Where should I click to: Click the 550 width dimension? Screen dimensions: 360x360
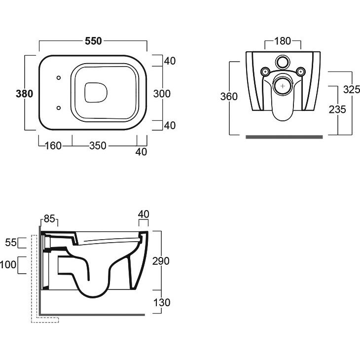pyautogui.click(x=93, y=41)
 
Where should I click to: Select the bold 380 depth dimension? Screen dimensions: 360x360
pyautogui.click(x=24, y=94)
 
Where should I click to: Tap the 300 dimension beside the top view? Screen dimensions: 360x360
pyautogui.click(x=162, y=94)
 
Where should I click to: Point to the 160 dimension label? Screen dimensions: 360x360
pyautogui.click(x=53, y=146)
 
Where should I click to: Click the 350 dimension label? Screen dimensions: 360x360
pyautogui.click(x=98, y=146)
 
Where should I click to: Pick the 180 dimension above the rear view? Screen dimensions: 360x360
pyautogui.click(x=283, y=41)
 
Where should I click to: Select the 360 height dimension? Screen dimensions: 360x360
pyautogui.click(x=229, y=97)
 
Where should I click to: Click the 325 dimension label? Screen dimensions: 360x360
pyautogui.click(x=352, y=89)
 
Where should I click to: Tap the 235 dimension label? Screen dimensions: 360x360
pyautogui.click(x=337, y=109)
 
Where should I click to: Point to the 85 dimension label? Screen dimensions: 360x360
pyautogui.click(x=50, y=218)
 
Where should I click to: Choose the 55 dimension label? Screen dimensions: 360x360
pyautogui.click(x=11, y=243)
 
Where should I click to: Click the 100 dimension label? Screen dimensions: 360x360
pyautogui.click(x=8, y=265)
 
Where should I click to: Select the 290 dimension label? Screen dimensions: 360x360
pyautogui.click(x=161, y=261)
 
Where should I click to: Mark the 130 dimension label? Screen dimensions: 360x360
pyautogui.click(x=162, y=303)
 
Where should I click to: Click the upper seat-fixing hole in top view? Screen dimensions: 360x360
pyautogui.click(x=59, y=78)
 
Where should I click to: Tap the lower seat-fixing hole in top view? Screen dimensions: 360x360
pyautogui.click(x=59, y=108)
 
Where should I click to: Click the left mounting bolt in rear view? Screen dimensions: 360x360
pyautogui.click(x=266, y=72)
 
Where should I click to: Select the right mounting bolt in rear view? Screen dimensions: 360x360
pyautogui.click(x=300, y=72)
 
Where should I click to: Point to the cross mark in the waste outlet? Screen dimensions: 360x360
pyautogui.click(x=283, y=86)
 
